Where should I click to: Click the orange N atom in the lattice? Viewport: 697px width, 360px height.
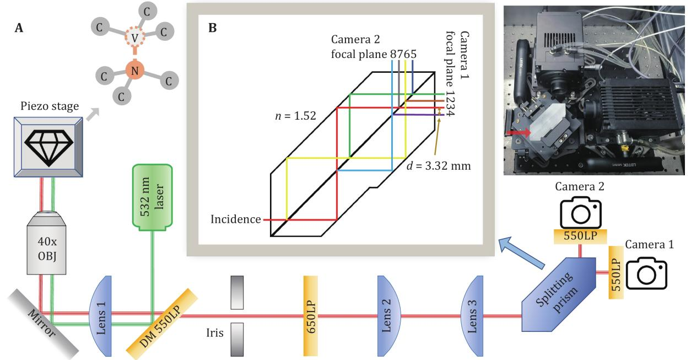pyautogui.click(x=134, y=69)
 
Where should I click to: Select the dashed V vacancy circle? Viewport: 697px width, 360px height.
pyautogui.click(x=134, y=37)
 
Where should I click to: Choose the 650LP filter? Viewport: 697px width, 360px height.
pyautogui.click(x=312, y=316)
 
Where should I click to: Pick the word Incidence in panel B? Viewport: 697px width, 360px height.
pyautogui.click(x=236, y=219)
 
